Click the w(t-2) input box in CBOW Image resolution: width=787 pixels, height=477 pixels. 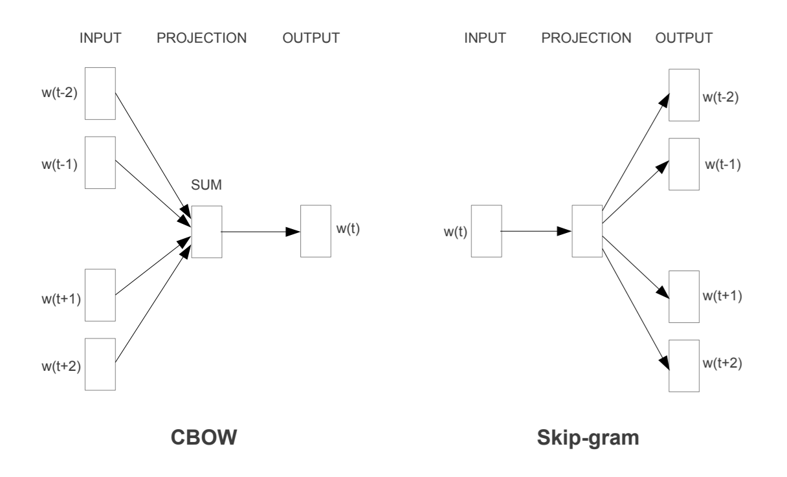click(x=100, y=93)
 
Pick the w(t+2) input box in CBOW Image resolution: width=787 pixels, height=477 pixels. click(x=100, y=364)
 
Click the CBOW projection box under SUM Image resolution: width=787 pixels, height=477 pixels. click(x=206, y=232)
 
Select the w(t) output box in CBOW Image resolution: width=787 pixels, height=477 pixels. click(x=316, y=232)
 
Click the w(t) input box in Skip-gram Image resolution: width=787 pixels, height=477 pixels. click(x=486, y=231)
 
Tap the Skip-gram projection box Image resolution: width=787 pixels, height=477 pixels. click(x=586, y=231)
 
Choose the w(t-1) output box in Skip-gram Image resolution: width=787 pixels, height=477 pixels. click(x=685, y=164)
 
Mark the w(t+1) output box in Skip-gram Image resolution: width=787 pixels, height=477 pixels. click(x=685, y=297)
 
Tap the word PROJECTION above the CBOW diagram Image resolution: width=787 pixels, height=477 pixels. click(x=201, y=38)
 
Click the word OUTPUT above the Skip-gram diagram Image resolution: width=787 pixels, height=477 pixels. click(x=684, y=38)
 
